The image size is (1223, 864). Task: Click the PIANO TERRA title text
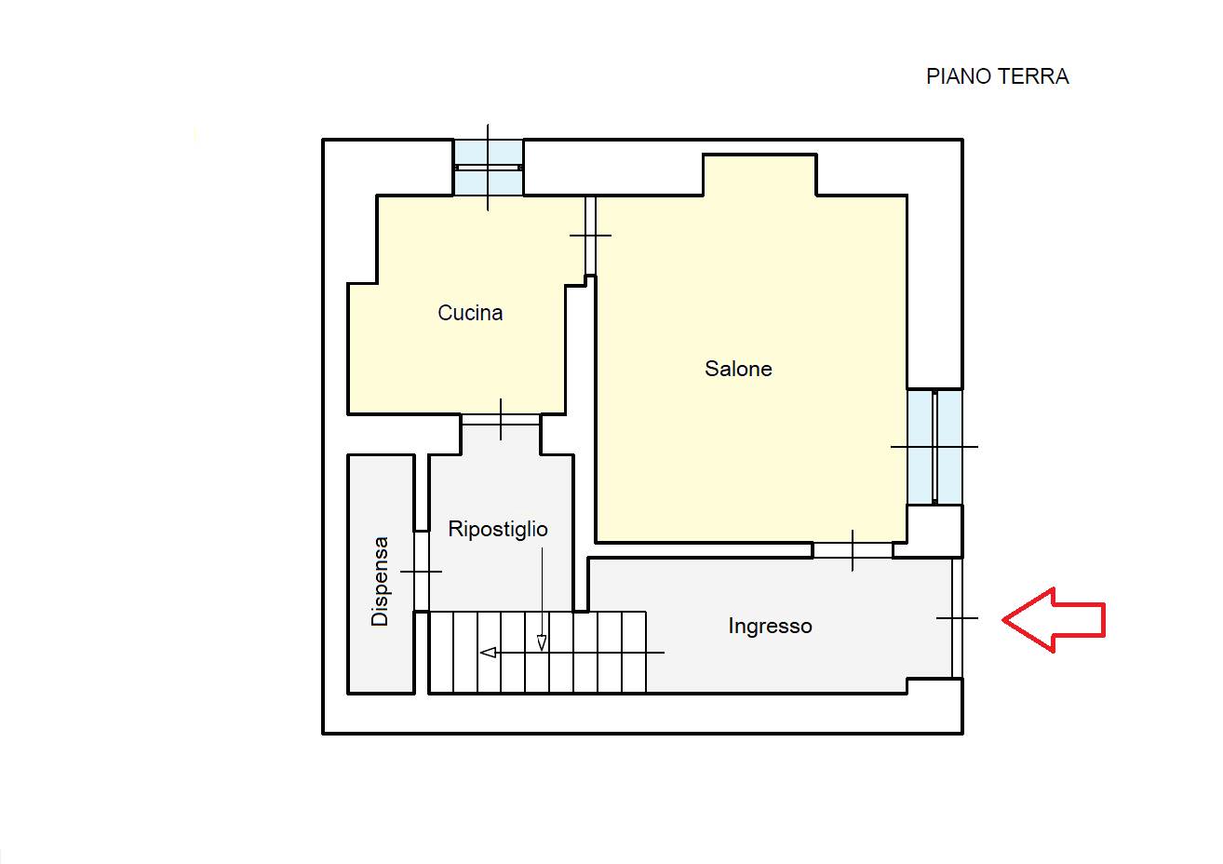[997, 76]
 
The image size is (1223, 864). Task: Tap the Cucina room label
[470, 313]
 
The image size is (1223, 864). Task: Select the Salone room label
[738, 369]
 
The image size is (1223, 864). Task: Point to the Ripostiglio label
[498, 529]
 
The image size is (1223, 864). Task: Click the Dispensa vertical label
[380, 581]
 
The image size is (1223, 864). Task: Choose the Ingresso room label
[770, 626]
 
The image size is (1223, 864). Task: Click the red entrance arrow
[1054, 620]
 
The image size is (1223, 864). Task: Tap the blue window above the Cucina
[489, 168]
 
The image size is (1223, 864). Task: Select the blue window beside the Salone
[934, 447]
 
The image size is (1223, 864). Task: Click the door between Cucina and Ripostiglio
[501, 420]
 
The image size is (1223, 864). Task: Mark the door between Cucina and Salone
[590, 236]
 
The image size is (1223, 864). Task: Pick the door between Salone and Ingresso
[853, 550]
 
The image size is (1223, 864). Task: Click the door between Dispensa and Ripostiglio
[421, 572]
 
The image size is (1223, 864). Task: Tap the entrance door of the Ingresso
[957, 618]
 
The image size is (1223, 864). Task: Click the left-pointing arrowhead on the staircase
[488, 653]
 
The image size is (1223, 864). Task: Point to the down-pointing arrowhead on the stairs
[542, 642]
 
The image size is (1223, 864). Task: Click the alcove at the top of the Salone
[759, 175]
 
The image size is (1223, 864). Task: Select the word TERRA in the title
[1031, 76]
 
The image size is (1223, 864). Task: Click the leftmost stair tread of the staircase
[442, 653]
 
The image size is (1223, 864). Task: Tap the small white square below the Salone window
[934, 531]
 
